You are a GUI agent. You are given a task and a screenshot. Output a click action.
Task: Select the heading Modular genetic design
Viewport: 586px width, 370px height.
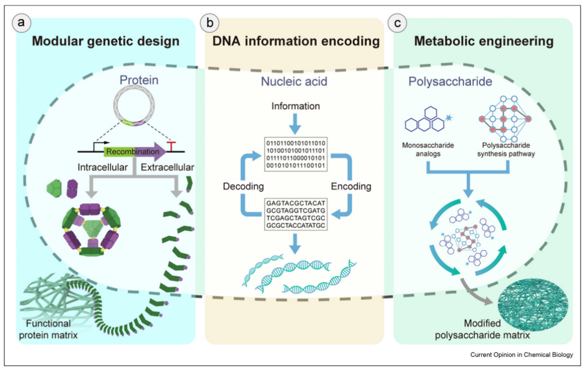click(x=106, y=41)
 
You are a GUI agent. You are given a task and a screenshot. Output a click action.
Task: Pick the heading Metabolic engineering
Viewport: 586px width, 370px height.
click(x=484, y=41)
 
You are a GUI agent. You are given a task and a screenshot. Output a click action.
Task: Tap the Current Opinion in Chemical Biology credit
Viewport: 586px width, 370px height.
click(x=521, y=355)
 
